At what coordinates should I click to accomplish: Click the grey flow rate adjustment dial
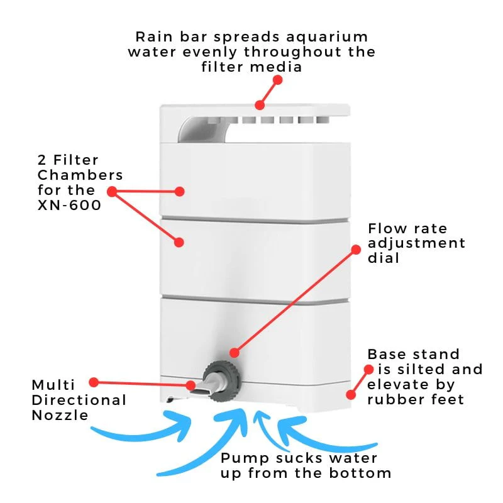[221, 381]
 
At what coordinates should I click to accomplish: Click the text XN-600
[69, 206]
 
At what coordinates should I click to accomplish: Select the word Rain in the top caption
[154, 37]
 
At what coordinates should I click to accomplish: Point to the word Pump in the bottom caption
[245, 459]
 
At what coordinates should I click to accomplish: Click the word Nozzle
[60, 416]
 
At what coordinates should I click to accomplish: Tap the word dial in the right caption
[384, 258]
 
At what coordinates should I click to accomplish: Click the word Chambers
[80, 175]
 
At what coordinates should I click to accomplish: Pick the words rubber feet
[416, 400]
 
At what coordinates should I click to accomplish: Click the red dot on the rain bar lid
[260, 105]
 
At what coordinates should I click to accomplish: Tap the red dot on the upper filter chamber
[180, 192]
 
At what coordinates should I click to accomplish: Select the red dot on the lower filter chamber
[179, 242]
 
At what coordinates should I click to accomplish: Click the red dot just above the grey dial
[235, 353]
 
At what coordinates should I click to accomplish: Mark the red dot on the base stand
[351, 395]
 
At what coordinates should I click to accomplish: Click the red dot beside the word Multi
[94, 382]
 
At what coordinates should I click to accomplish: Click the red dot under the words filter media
[278, 80]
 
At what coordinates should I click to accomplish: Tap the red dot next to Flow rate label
[356, 250]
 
